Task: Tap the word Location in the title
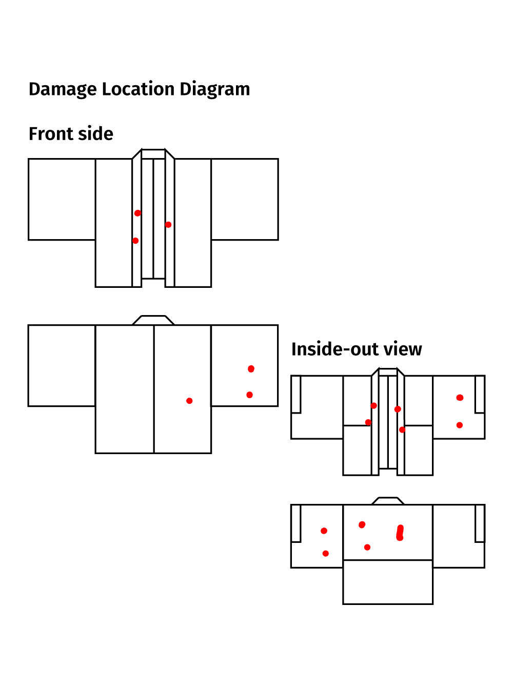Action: coord(138,89)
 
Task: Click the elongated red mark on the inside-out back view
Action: coord(400,533)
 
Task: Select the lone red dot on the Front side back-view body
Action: coord(189,401)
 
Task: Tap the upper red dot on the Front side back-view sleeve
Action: coord(251,369)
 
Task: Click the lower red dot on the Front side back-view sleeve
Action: coord(249,395)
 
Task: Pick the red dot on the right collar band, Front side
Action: coord(168,225)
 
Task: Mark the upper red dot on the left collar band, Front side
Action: coord(137,213)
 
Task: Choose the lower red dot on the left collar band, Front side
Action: coord(135,241)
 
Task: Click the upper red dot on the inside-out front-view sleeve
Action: coord(460,398)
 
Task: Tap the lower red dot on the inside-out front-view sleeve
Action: coord(459,425)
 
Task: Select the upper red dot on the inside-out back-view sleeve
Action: coord(324,531)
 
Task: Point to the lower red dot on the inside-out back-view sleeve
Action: coord(325,553)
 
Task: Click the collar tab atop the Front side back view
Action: coord(153,320)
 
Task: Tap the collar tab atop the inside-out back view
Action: coord(388,501)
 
